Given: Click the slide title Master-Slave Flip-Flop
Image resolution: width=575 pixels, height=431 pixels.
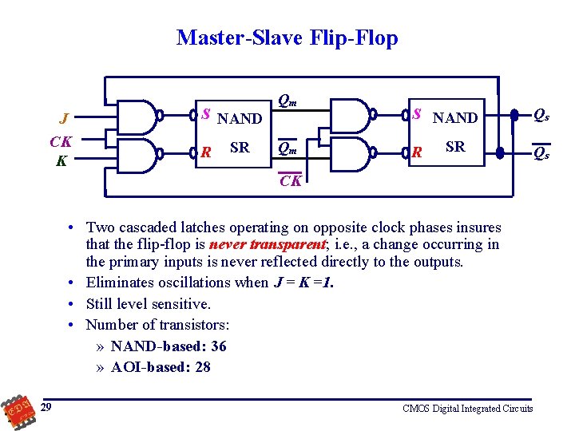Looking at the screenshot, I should tap(287, 38).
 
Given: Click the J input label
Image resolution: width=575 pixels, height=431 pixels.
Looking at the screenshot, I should tap(63, 119).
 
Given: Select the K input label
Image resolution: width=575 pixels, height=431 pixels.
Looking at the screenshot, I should tap(61, 160).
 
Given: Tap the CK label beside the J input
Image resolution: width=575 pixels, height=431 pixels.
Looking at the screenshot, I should tap(61, 142).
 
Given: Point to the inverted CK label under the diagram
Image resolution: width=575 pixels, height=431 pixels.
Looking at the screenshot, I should tap(290, 181).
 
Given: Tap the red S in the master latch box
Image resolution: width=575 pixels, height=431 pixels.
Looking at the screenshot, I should tap(205, 113).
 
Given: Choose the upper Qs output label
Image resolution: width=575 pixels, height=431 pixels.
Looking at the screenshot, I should tap(541, 116).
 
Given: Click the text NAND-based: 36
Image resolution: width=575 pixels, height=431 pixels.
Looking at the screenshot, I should tap(169, 346).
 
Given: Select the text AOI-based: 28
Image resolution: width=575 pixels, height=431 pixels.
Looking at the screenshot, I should tap(161, 367).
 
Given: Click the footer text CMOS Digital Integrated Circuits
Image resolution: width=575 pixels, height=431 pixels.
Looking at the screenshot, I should tap(467, 409).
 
